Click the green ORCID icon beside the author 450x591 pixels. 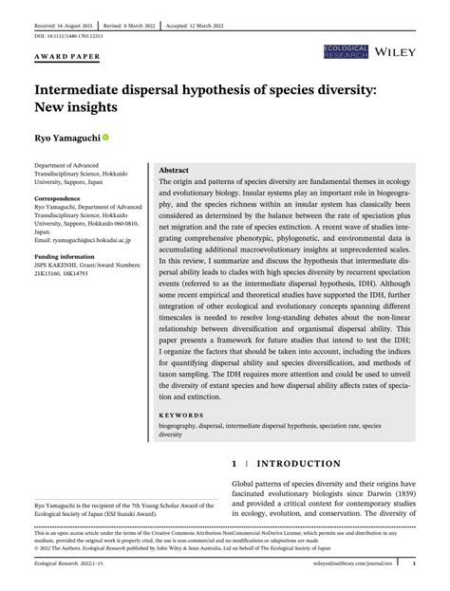pos(105,138)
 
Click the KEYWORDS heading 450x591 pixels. pos(182,415)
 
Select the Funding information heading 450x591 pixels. pos(55,257)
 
